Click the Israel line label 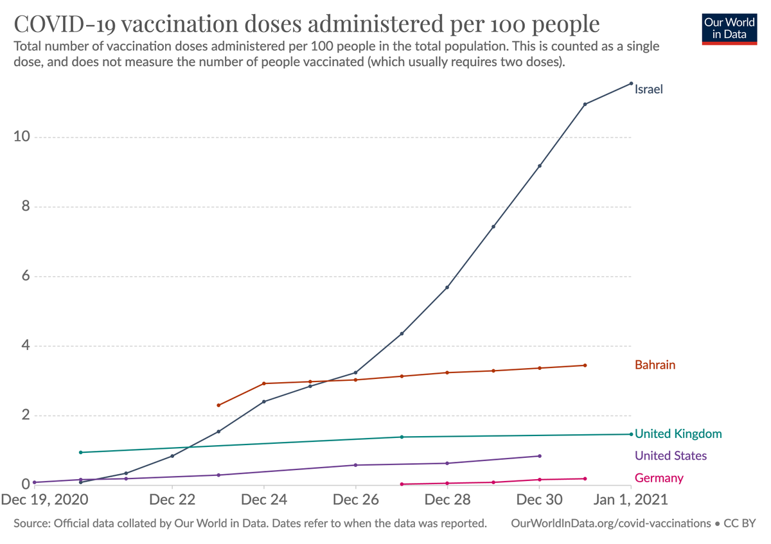pyautogui.click(x=648, y=90)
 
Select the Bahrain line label pyautogui.click(x=655, y=365)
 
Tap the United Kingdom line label pyautogui.click(x=678, y=434)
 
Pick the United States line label pyautogui.click(x=670, y=456)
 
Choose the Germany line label pyautogui.click(x=659, y=478)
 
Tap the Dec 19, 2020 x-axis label pyautogui.click(x=43, y=500)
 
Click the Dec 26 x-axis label pyautogui.click(x=355, y=500)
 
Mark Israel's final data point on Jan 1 pyautogui.click(x=631, y=83)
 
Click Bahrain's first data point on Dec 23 pyautogui.click(x=218, y=405)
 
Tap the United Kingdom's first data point pyautogui.click(x=80, y=452)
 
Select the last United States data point pyautogui.click(x=539, y=456)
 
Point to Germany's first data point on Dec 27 pyautogui.click(x=402, y=484)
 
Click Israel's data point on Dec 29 pyautogui.click(x=493, y=227)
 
